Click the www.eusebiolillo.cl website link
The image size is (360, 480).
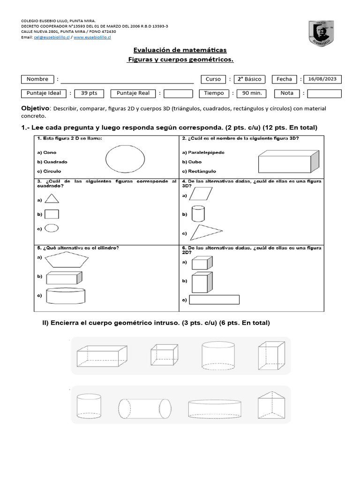tap(92, 37)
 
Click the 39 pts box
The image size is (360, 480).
tap(89, 93)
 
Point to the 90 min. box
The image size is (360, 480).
tap(252, 93)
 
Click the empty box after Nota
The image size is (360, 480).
tap(324, 93)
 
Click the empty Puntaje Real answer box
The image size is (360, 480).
tap(178, 93)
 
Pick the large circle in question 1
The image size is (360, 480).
tap(125, 159)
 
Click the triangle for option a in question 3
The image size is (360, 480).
tap(52, 199)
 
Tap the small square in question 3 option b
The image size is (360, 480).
tap(52, 214)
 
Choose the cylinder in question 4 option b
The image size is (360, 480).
tap(198, 214)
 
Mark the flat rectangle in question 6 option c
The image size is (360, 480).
tap(215, 300)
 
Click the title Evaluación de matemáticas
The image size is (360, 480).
tap(180, 50)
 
